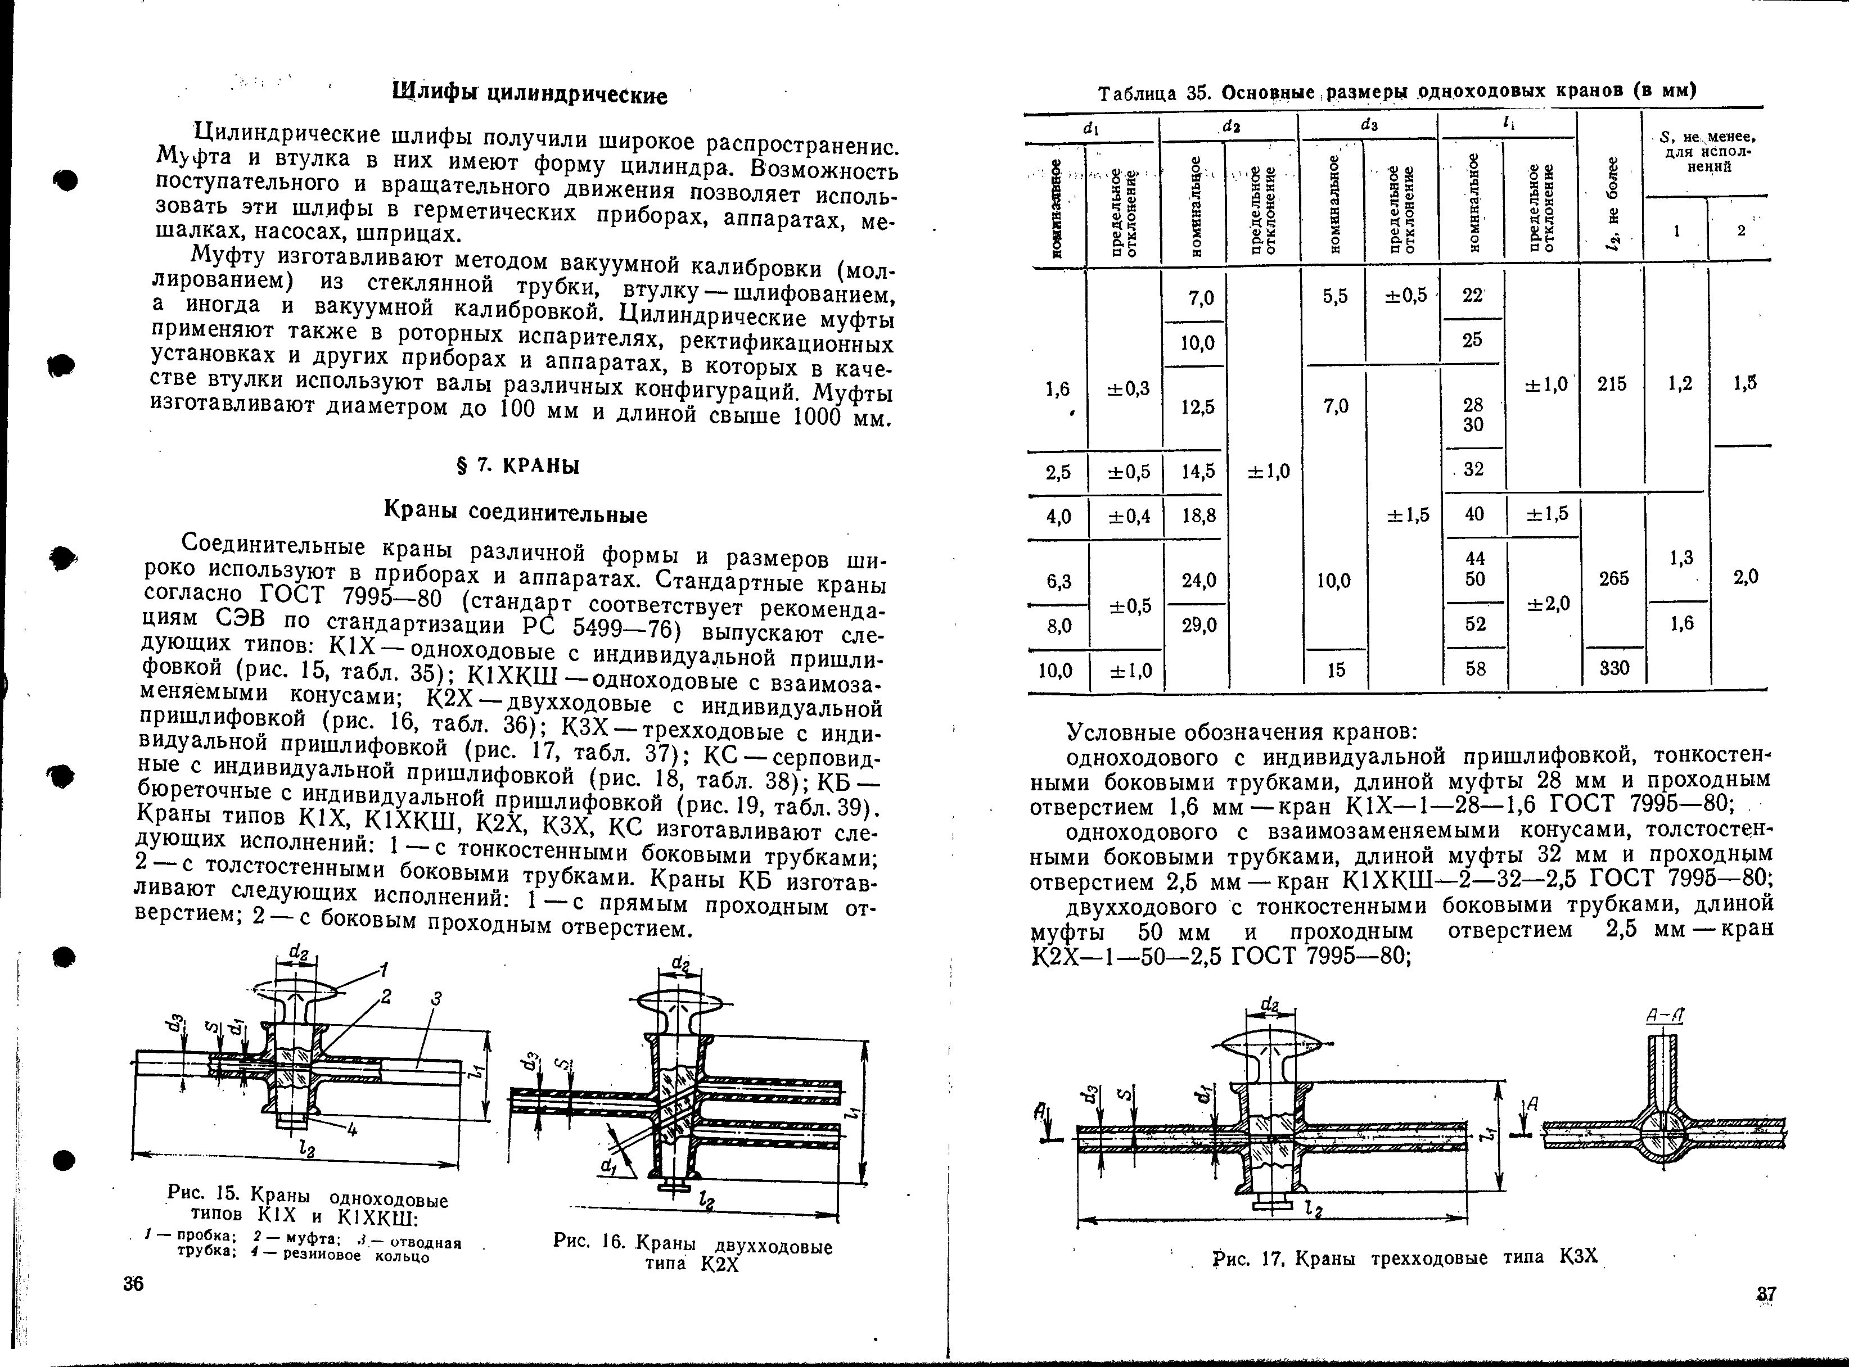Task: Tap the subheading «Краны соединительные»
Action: point(516,514)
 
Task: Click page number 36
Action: point(133,1283)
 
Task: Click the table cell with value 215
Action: point(1612,384)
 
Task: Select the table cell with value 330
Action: point(1614,667)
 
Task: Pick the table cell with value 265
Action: point(1614,578)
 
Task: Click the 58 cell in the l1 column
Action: point(1475,668)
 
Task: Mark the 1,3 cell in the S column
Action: point(1681,558)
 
